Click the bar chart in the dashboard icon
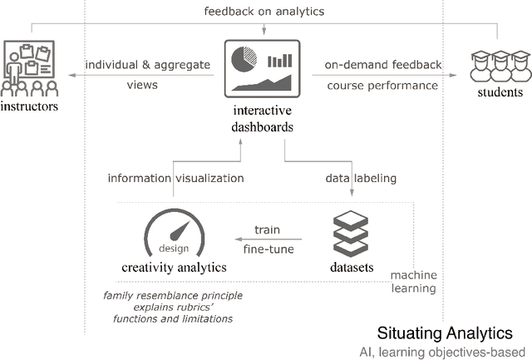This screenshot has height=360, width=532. point(280,60)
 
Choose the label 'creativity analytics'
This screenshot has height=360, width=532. point(172,267)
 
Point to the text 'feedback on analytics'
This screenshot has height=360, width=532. point(264,11)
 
